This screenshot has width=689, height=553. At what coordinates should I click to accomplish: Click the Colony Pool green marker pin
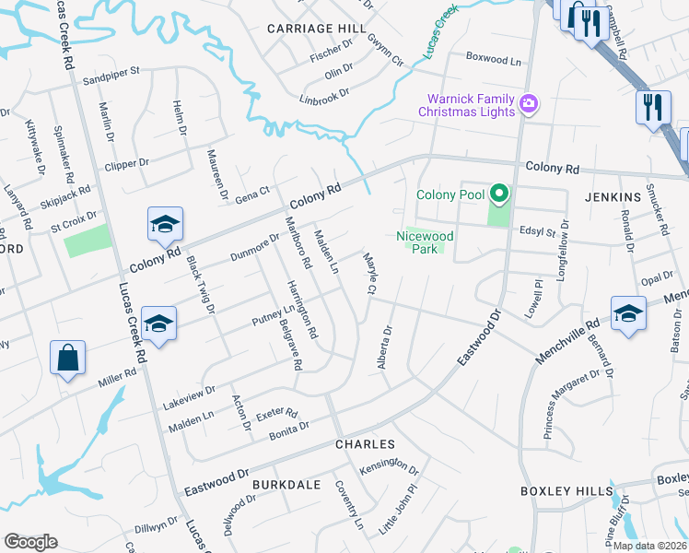pos(499,194)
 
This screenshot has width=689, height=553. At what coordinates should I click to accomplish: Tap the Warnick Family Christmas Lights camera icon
pos(530,104)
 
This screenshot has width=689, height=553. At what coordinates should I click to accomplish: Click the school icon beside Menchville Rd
pos(628,312)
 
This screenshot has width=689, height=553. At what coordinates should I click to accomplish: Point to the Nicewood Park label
pos(426,241)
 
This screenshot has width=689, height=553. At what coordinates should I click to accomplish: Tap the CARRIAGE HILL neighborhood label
pos(310,29)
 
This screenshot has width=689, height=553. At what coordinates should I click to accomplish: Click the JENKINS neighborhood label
pos(612,197)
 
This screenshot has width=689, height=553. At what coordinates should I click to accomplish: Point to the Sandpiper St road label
pos(110,73)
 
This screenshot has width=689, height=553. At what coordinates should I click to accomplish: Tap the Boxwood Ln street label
pos(493,60)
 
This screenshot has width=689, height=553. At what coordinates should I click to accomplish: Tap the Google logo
pos(30,542)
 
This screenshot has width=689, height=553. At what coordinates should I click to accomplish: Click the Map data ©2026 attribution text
pos(647,546)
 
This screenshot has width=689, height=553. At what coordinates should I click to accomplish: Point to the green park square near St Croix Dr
pos(88,241)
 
